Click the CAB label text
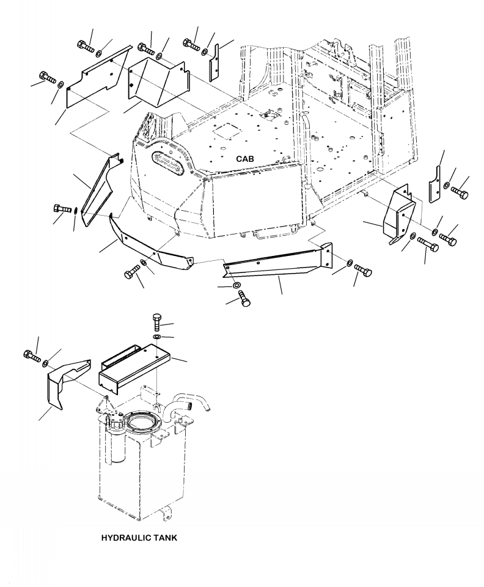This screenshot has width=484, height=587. pyautogui.click(x=244, y=159)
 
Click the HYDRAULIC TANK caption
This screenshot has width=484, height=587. pyautogui.click(x=139, y=538)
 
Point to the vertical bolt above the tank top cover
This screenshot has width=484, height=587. pyautogui.click(x=157, y=321)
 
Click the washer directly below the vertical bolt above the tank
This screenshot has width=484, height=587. pyautogui.click(x=157, y=337)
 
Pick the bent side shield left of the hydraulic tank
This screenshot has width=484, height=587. pyautogui.click(x=68, y=382)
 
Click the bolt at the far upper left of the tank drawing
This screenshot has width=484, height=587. pyautogui.click(x=32, y=355)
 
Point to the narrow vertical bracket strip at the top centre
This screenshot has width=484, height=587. pyautogui.click(x=215, y=62)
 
